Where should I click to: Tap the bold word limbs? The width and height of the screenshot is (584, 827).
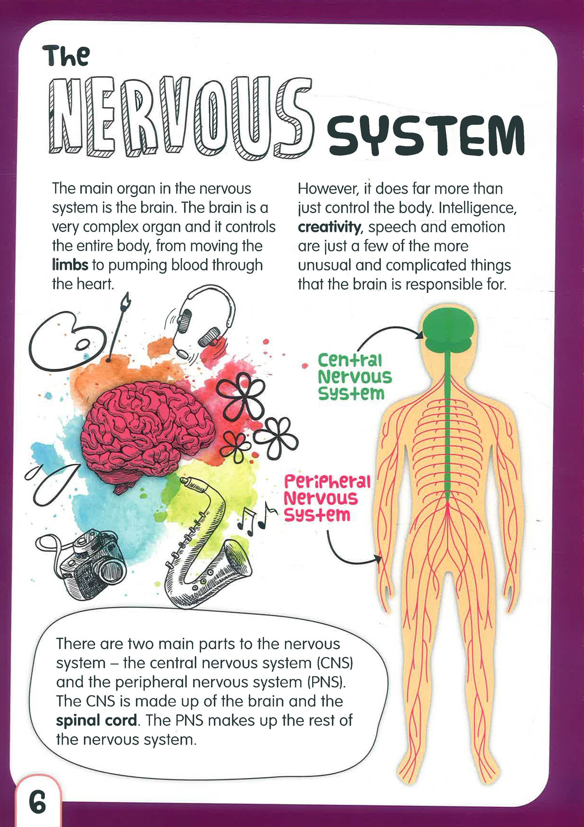pyautogui.click(x=70, y=265)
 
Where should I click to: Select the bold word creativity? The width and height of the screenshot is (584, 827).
pyautogui.click(x=329, y=227)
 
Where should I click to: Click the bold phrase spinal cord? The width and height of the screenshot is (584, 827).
pyautogui.click(x=97, y=720)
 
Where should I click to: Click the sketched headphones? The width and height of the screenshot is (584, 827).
pyautogui.click(x=202, y=320)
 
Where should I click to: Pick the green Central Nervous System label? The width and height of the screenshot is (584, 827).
pyautogui.click(x=355, y=377)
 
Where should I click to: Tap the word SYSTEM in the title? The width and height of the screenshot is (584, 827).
pyautogui.click(x=426, y=135)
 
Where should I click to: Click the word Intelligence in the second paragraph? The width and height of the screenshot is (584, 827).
pyautogui.click(x=478, y=208)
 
